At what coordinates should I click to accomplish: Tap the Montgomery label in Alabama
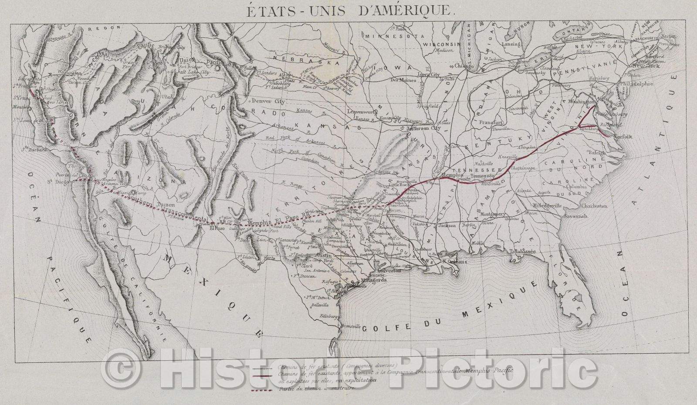click(x=492, y=214)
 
